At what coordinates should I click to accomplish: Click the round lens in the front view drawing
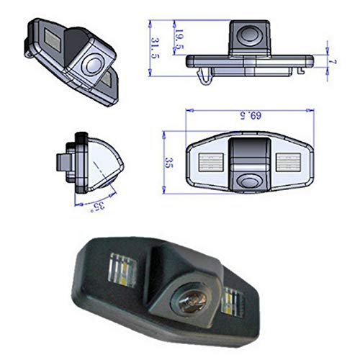pos(252,34)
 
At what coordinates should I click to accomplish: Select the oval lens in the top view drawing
pos(251,180)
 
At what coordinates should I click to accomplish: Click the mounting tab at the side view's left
pos(63,159)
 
